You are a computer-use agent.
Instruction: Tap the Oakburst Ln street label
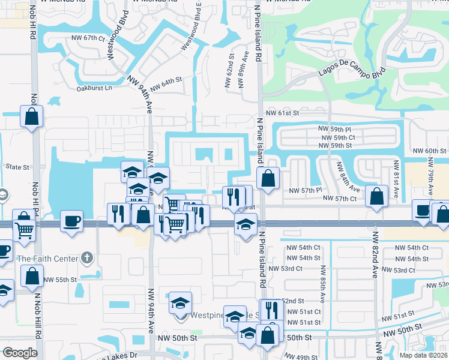coord(94,88)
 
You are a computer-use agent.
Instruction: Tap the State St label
coord(17,167)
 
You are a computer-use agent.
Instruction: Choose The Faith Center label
coord(47,259)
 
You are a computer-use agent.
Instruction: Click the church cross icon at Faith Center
coord(87,259)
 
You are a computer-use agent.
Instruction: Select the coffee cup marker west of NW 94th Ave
coord(71,220)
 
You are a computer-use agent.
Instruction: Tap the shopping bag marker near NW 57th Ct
coord(376,196)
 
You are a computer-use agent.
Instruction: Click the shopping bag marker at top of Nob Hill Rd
coord(31,116)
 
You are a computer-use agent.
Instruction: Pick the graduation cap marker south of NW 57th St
coord(245,225)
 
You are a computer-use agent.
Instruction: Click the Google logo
coord(20,352)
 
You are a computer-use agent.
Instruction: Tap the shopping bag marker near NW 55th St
coord(32,275)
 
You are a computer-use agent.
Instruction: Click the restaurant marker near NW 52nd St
coord(271,310)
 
